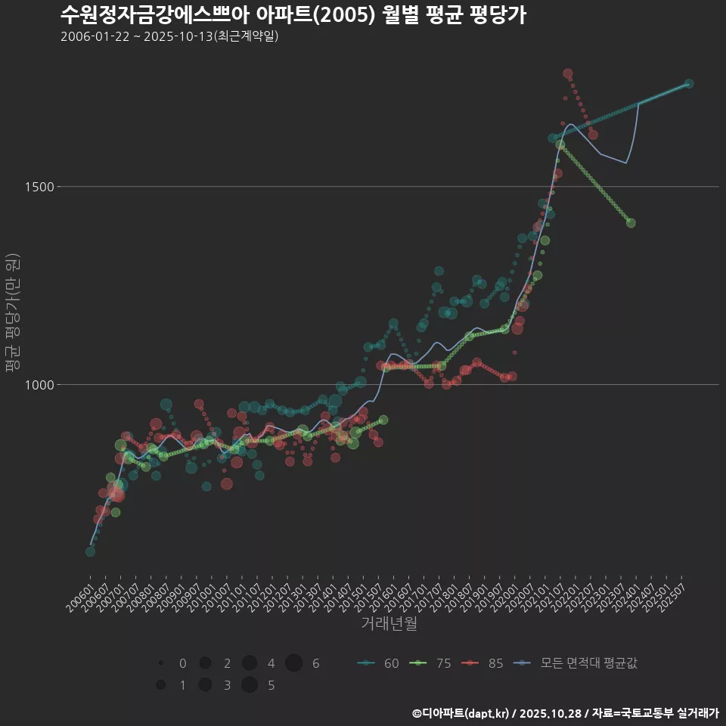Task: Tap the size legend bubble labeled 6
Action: [x=294, y=663]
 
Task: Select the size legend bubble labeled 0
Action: [x=161, y=663]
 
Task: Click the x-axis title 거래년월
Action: [x=389, y=624]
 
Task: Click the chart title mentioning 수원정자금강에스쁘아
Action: [x=293, y=14]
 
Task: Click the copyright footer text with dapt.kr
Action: [x=566, y=713]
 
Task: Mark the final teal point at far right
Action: [x=689, y=84]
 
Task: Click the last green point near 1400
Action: [x=631, y=223]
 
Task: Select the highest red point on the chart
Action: [x=568, y=73]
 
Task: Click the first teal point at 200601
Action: [x=90, y=551]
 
